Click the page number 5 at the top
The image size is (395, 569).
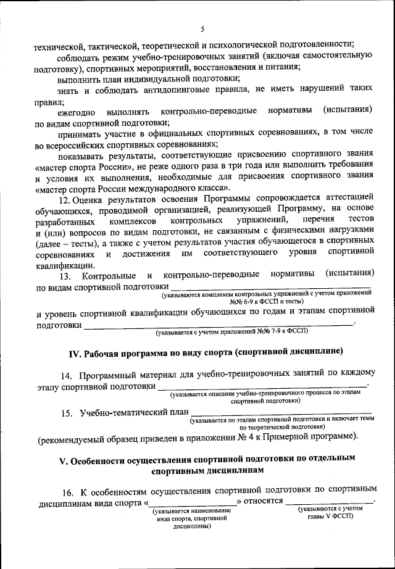pyautogui.click(x=202, y=28)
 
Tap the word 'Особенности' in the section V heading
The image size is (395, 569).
pyautogui.click(x=102, y=461)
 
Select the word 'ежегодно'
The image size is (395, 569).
pyautogui.click(x=77, y=112)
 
